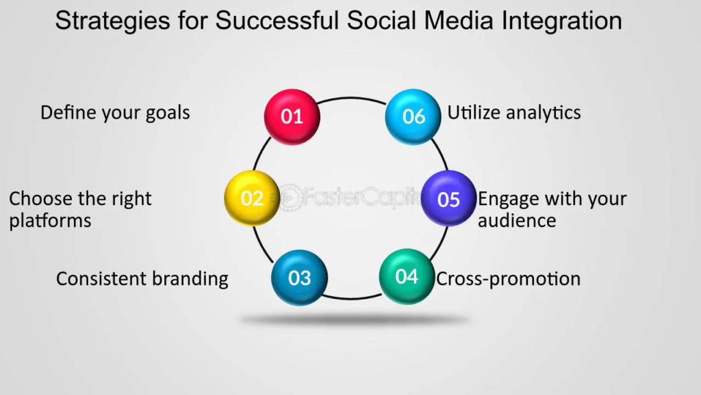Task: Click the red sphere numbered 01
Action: [292, 117]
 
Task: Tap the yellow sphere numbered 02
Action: [252, 198]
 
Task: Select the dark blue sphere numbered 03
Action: [300, 278]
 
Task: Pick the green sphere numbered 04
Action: [407, 276]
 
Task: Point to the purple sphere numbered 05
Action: [449, 198]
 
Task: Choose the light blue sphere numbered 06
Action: [413, 117]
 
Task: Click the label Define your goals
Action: [115, 113]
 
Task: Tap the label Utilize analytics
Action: [514, 113]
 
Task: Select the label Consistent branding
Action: [142, 279]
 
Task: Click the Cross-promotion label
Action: [509, 279]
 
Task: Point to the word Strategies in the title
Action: [113, 21]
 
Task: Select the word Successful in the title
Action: [277, 20]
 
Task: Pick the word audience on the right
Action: [517, 221]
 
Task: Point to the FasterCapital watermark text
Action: [351, 197]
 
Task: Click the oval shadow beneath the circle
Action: [353, 320]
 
